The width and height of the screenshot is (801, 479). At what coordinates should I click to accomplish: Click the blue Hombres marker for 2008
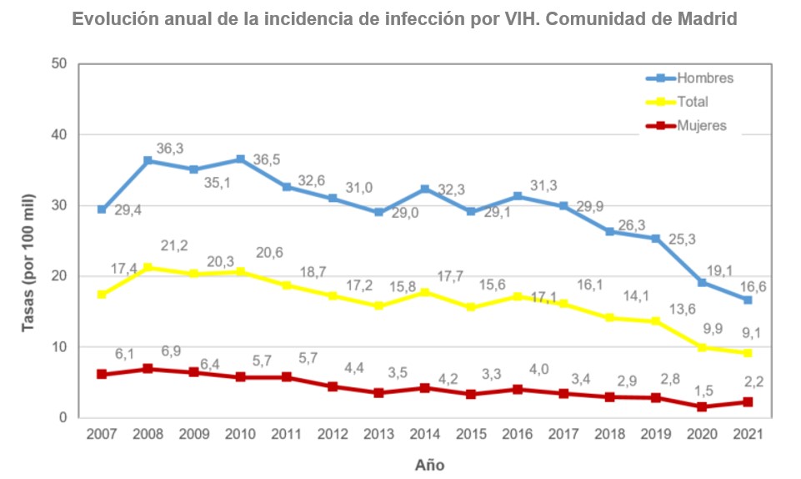[148, 160]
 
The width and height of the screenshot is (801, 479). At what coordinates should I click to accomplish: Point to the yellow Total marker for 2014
[424, 292]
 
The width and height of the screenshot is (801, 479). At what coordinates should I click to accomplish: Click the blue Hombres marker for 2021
[748, 300]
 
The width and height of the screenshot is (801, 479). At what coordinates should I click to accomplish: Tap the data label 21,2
[173, 245]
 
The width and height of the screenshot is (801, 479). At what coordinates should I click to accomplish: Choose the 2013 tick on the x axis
[378, 435]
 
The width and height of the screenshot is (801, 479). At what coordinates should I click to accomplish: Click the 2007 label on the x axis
[102, 435]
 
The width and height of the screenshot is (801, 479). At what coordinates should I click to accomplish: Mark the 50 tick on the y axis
[59, 63]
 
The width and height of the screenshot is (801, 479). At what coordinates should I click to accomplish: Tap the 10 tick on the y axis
[59, 346]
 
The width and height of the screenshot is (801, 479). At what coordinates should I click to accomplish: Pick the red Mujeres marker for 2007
[102, 374]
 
